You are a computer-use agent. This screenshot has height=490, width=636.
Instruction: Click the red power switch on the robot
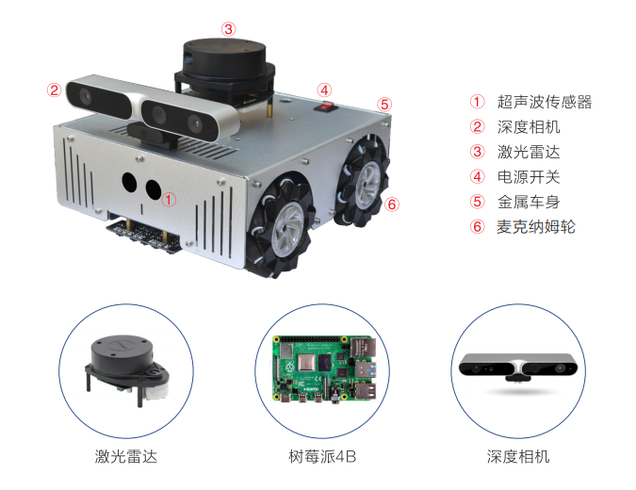326,107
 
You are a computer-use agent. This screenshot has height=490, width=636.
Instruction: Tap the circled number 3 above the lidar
228,29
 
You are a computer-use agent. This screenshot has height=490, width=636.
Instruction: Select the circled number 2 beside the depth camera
54,90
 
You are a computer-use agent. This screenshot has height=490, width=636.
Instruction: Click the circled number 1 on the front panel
169,199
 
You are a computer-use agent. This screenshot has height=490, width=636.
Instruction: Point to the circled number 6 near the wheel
392,204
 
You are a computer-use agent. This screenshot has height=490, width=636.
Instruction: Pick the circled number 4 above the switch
324,90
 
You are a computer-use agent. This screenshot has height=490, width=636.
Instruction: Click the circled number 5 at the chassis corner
384,105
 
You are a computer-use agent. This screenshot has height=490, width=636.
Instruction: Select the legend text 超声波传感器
545,102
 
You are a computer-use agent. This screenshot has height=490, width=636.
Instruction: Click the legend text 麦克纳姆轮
536,227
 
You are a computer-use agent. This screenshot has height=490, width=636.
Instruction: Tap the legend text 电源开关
529,177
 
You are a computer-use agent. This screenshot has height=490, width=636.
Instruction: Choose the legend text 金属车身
529,202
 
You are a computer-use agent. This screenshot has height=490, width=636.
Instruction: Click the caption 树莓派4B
322,457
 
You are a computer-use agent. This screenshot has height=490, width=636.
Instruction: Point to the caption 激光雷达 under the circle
125,457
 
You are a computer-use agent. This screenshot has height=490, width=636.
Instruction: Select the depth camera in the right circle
518,367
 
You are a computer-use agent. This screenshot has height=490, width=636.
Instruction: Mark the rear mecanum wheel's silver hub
367,185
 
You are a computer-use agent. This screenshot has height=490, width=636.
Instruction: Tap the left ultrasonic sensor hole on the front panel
130,183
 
